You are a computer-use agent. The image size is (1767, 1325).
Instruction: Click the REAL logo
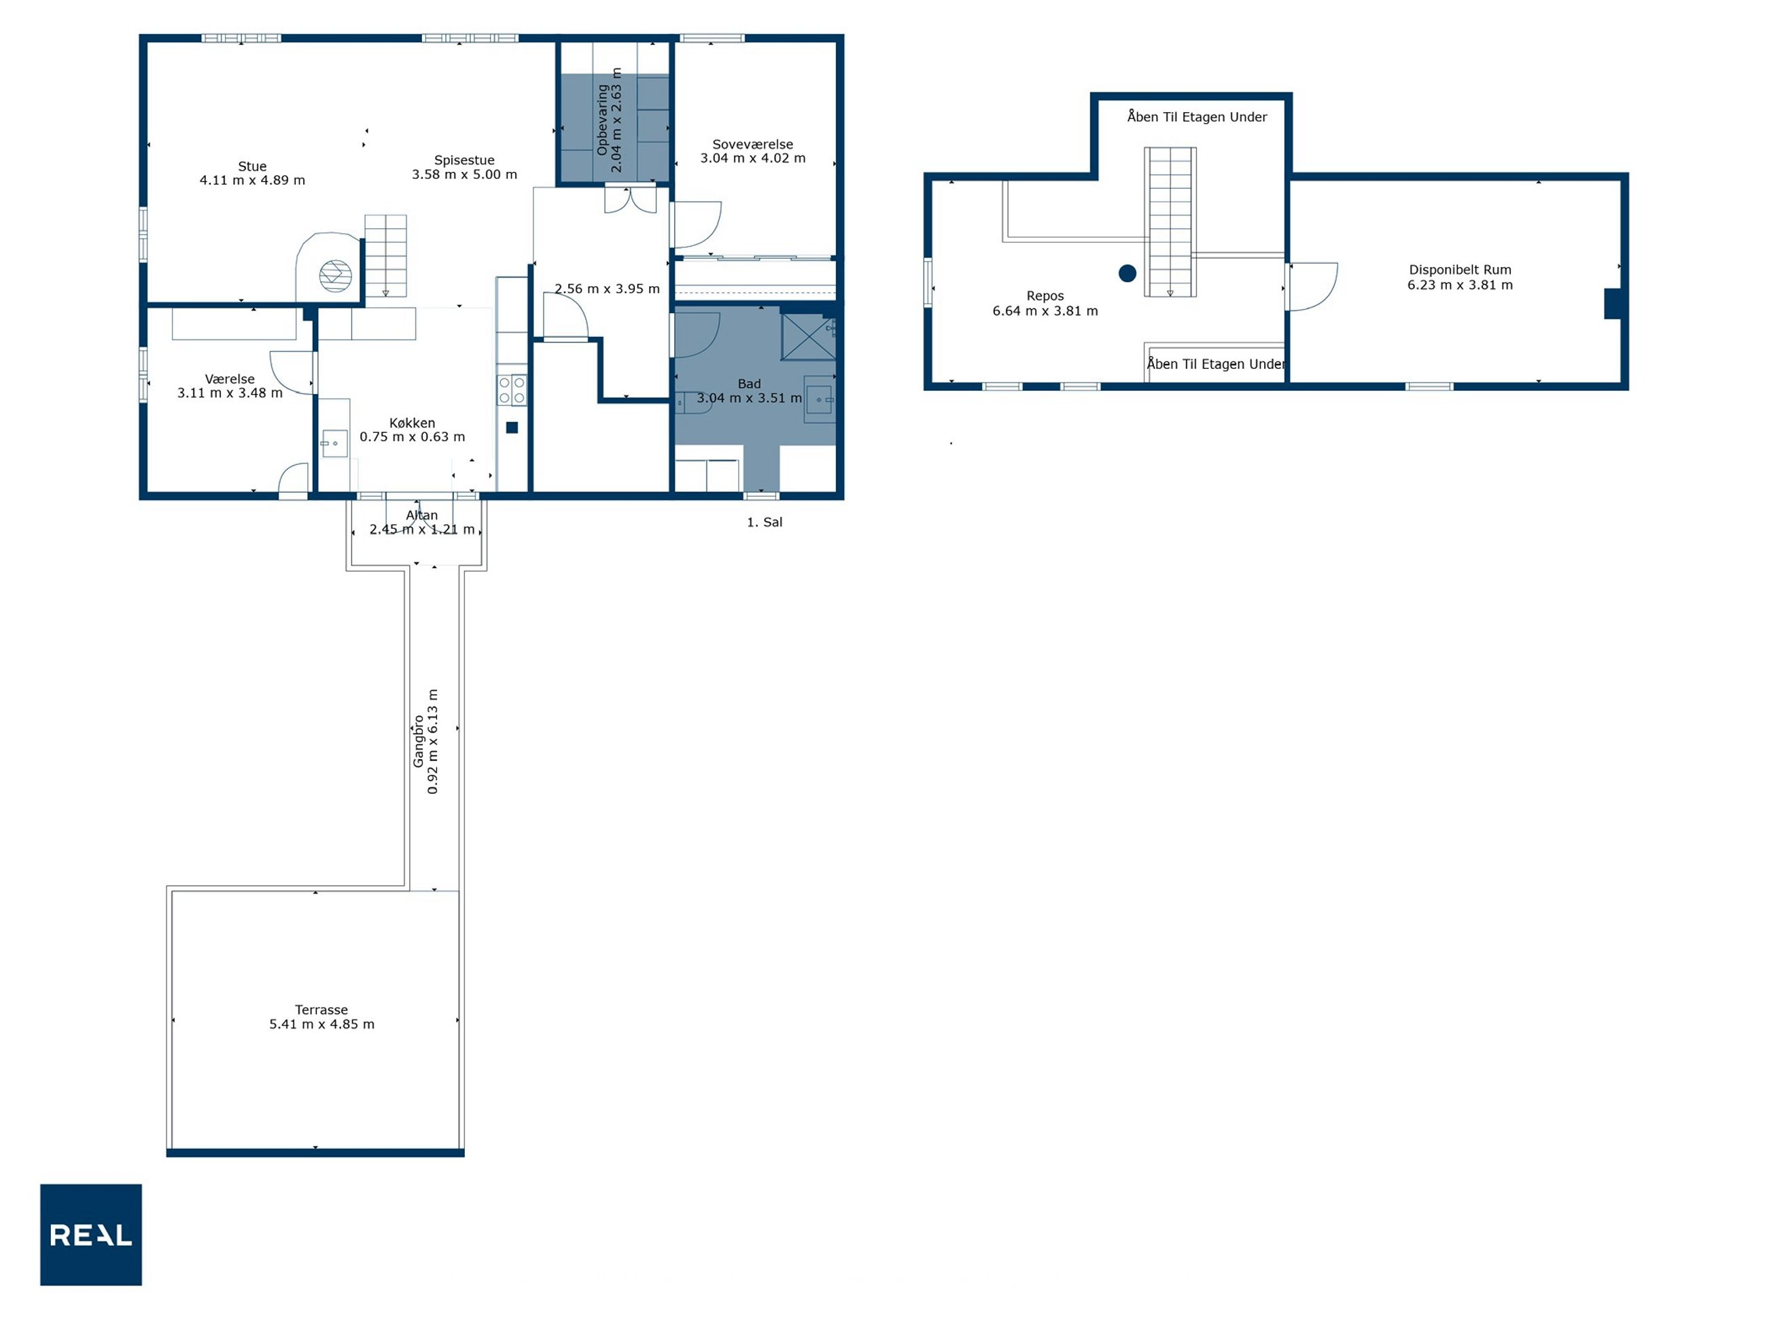pos(91,1235)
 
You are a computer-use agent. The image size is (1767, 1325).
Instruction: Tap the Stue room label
pos(252,166)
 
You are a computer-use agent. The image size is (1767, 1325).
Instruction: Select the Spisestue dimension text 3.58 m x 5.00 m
pos(464,174)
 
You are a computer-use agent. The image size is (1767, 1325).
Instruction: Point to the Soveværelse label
pos(752,145)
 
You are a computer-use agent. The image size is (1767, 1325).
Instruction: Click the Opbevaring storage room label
pos(602,120)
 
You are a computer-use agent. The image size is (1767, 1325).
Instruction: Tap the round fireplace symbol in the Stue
pos(336,277)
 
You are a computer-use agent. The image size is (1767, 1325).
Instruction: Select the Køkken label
pos(413,423)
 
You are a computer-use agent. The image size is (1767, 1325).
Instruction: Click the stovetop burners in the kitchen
pos(512,390)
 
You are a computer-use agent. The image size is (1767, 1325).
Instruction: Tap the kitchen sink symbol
pos(334,443)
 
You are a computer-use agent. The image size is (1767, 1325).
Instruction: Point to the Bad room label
pos(750,384)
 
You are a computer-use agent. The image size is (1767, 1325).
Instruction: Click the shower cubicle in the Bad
pos(809,337)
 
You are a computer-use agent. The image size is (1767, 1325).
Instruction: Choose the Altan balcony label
pos(422,516)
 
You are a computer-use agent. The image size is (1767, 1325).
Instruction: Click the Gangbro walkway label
pos(418,741)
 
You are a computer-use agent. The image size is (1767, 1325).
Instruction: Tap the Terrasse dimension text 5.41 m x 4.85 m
pos(321,1024)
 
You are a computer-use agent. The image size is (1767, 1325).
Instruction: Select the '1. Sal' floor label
pos(765,523)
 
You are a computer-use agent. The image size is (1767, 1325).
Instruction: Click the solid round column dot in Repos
pos(1127,274)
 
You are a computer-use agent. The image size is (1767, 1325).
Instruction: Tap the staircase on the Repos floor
pos(1170,222)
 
